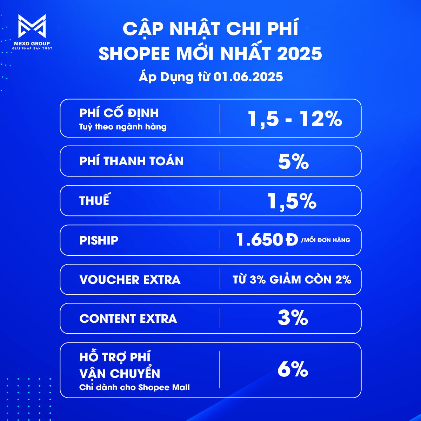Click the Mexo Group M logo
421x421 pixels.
point(32,26)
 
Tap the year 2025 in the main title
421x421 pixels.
point(300,54)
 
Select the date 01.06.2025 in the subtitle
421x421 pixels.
point(248,77)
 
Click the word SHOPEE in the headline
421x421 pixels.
point(134,54)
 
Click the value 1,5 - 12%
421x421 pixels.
point(295,119)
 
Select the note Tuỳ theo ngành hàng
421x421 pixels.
point(123,127)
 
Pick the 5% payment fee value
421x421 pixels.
point(293,162)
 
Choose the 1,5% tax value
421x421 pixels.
point(292,201)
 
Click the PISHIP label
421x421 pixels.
point(99,240)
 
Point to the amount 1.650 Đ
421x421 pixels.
point(267,240)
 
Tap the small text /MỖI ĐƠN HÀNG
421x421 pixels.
point(326,240)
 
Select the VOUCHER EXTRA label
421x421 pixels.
point(130,280)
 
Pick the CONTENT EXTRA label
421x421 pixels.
point(128,319)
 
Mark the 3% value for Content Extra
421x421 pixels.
point(293,318)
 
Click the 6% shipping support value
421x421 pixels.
point(293,370)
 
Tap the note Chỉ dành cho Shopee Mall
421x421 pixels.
point(134,388)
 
